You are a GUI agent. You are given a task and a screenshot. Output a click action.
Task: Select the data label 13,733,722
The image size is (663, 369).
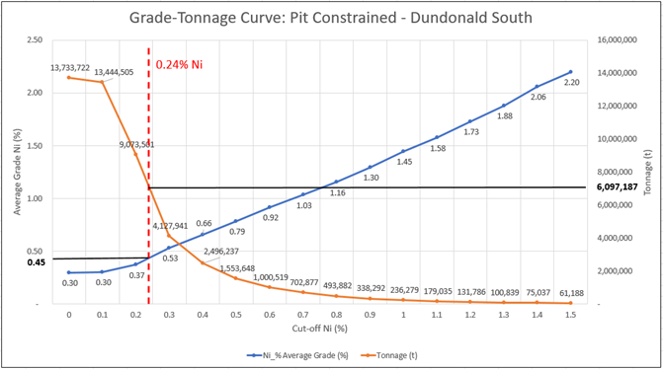tap(70, 67)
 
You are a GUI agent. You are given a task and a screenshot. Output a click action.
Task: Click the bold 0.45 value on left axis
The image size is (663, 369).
tap(36, 261)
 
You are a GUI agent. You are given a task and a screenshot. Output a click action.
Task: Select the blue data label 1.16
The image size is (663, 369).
tap(338, 193)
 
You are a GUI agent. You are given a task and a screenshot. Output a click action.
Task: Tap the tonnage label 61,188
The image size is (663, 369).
tap(572, 293)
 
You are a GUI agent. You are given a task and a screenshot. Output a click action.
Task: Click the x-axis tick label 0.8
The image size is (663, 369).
tap(336, 315)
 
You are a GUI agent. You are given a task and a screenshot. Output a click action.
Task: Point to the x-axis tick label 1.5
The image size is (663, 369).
tap(570, 315)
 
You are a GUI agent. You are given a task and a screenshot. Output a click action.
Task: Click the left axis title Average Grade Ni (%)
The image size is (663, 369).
tap(15, 172)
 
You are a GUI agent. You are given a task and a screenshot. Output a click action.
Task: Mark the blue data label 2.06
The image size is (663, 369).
tap(539, 98)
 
